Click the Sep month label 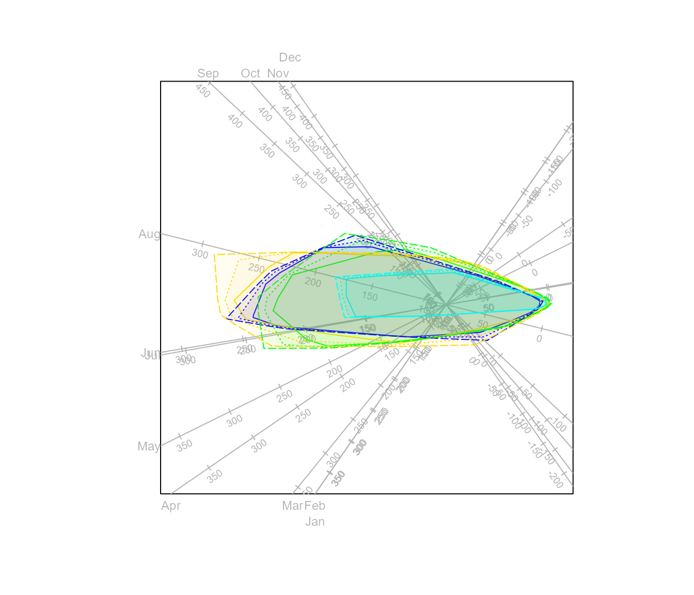coord(208,73)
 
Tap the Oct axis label coord(250,73)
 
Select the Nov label coord(278,73)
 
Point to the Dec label coord(290,57)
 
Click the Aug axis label coord(149,234)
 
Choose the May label coord(149,446)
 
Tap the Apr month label coord(171,506)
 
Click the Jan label coord(315,522)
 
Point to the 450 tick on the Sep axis coord(203,91)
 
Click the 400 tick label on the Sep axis coord(235,121)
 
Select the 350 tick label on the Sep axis coord(267,151)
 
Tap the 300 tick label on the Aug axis coord(200,254)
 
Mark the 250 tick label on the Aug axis coord(257,268)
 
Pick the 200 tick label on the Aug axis coord(313,283)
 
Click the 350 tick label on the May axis coord(184,445)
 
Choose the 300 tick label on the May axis coord(234,421)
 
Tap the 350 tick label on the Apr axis coord(215,476)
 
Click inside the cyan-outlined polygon coord(413,297)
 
